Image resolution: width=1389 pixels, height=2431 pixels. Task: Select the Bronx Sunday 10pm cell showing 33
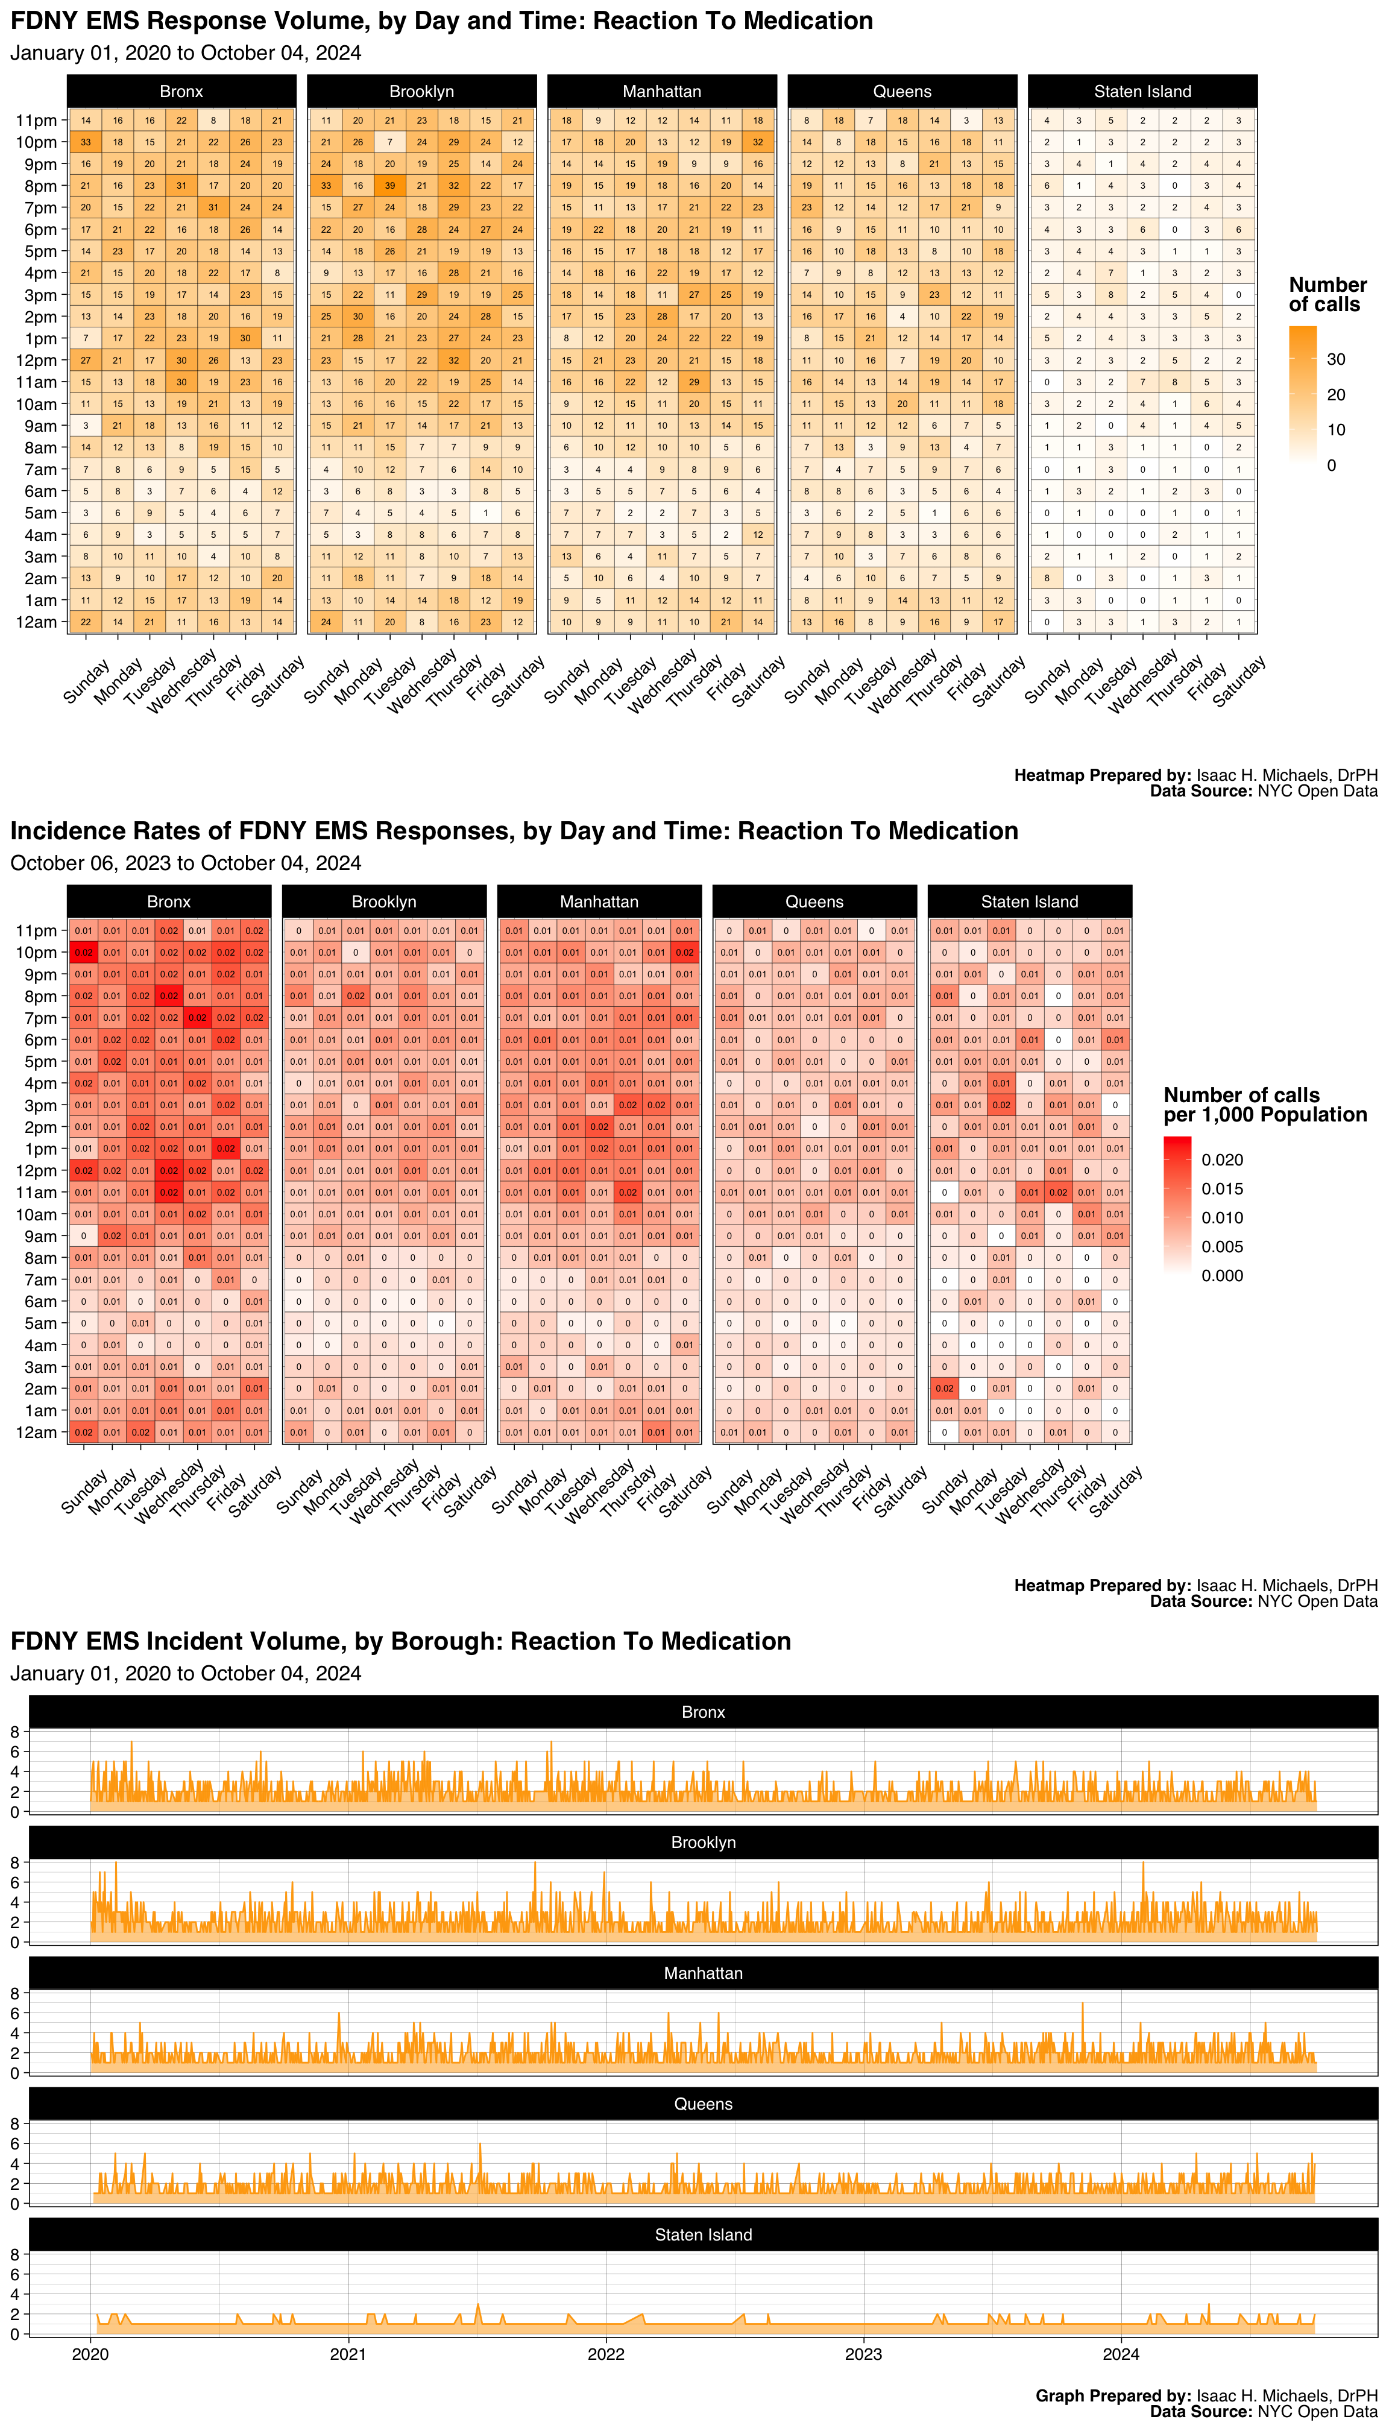coord(86,142)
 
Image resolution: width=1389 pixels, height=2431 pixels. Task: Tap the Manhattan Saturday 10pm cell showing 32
coord(757,142)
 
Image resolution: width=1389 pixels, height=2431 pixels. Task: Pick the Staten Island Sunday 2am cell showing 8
coord(1047,578)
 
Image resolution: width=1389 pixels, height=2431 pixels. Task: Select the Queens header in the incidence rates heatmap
coord(814,901)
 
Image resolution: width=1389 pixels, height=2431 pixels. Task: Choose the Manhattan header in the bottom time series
coord(703,1973)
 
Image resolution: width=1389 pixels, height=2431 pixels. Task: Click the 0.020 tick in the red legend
coord(1222,1160)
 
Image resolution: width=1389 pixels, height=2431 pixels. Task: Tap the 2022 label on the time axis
coord(606,2354)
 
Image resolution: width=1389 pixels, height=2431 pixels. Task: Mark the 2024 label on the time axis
coord(1121,2354)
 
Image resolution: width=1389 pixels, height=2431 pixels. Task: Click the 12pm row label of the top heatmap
coord(36,361)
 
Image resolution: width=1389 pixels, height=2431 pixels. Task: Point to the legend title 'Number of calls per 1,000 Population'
coord(1264,1105)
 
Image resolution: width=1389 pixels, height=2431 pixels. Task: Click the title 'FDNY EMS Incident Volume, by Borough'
coord(401,1641)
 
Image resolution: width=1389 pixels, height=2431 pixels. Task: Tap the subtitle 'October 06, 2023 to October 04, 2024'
coord(186,863)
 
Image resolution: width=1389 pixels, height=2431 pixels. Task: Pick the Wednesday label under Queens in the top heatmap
coord(901,679)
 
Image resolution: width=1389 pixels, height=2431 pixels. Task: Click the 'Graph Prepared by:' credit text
coord(1112,2395)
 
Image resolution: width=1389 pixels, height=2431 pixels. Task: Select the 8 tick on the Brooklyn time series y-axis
coord(14,1862)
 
